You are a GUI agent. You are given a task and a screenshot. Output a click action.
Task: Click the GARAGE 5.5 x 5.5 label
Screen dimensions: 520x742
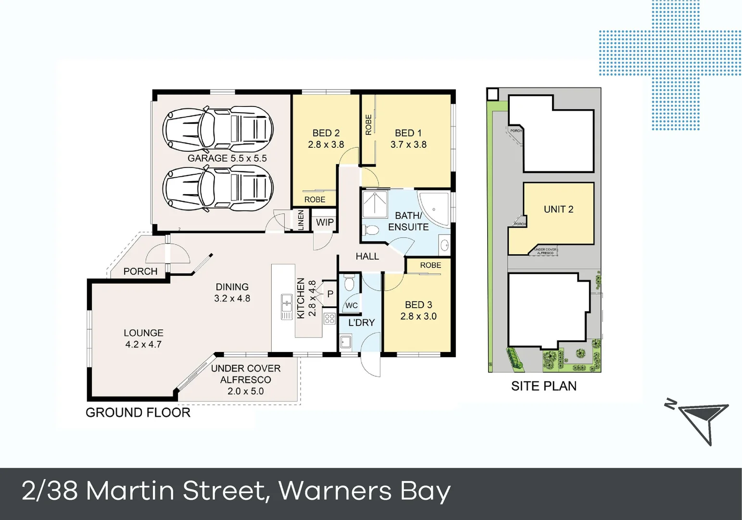[x=227, y=158]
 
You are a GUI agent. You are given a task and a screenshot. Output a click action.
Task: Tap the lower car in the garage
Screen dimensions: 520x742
[x=218, y=188]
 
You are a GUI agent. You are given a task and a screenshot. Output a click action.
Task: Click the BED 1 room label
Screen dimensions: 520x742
[x=408, y=133]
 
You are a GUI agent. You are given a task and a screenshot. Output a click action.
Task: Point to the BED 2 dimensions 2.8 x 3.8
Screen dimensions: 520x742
[x=326, y=144]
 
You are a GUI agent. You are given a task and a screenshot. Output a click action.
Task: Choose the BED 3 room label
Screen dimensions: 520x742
[x=418, y=305]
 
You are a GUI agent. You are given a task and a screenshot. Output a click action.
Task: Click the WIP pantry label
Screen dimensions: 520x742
[x=325, y=222]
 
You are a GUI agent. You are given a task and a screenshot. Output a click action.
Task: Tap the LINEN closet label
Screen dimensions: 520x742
[x=301, y=220]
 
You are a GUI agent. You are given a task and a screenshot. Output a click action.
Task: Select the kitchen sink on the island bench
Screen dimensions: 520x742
[x=287, y=307]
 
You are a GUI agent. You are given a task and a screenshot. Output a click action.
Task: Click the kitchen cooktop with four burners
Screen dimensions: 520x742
[x=329, y=318]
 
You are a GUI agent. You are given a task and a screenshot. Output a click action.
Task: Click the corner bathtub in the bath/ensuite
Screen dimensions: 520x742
[x=434, y=208]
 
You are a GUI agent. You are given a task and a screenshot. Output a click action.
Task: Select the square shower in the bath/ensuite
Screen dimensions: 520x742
[x=375, y=204]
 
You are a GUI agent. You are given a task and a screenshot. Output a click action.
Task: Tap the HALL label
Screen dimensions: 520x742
[x=367, y=257]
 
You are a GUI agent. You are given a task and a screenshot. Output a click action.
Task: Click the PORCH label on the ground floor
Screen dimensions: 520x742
[x=140, y=272]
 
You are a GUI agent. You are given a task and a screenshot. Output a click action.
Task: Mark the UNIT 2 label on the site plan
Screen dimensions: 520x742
[x=558, y=209]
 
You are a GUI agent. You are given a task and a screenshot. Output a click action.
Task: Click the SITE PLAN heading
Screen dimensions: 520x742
[x=543, y=386]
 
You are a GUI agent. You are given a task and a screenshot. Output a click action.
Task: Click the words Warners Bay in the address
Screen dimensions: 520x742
[x=364, y=491]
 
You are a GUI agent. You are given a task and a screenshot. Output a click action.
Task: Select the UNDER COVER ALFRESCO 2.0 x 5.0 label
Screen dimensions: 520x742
[x=246, y=380]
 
